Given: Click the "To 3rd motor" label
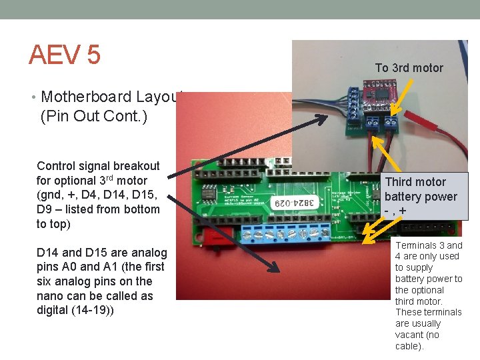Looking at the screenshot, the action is (x=409, y=67).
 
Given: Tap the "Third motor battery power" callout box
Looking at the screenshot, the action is (x=420, y=196).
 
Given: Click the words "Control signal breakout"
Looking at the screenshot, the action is (x=98, y=166).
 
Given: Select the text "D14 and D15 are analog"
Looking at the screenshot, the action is (x=102, y=252).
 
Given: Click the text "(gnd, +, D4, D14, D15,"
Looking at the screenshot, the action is (x=98, y=195).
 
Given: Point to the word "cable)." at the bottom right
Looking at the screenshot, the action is (x=409, y=346).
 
